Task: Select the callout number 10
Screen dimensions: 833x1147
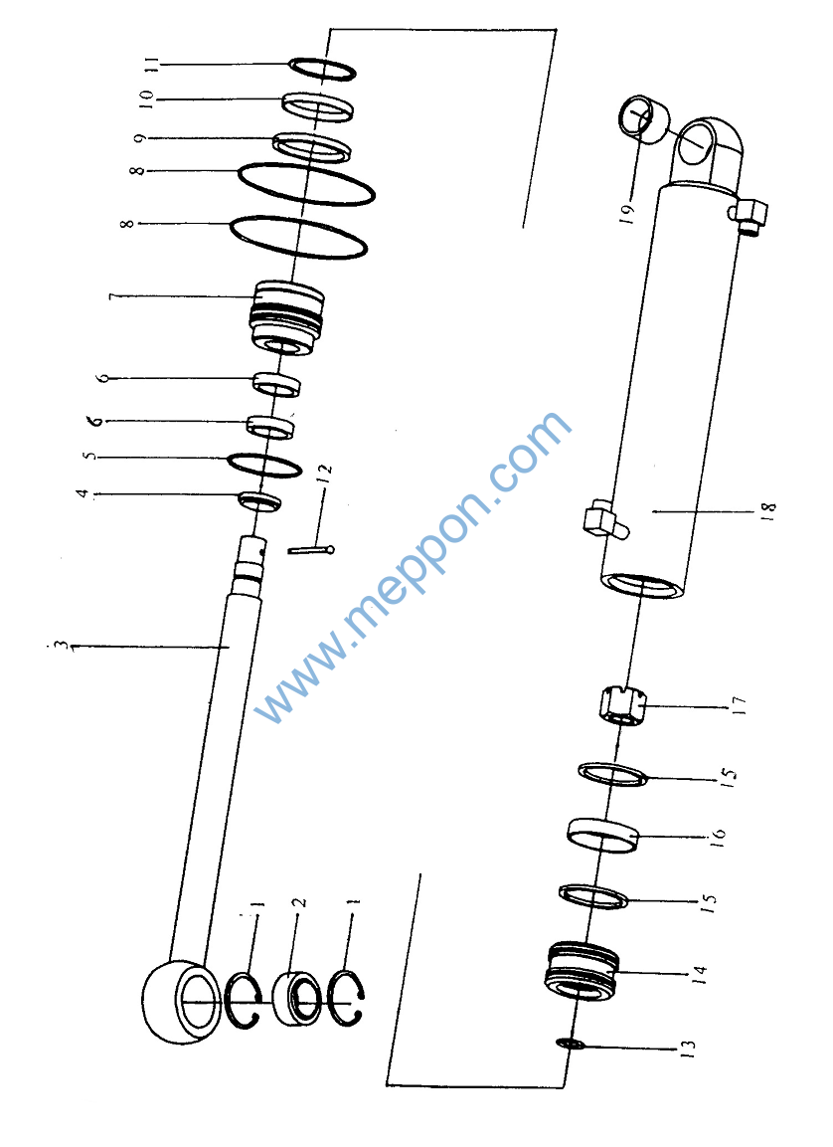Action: pos(147,98)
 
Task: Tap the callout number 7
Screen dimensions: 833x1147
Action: pos(113,296)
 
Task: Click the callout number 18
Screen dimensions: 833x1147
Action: pos(768,510)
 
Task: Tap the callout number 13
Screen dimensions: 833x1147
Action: pos(687,1049)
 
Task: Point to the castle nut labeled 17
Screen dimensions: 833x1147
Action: pos(622,706)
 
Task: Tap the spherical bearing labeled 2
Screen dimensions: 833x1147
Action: pos(296,998)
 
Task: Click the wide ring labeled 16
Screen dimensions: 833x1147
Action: pos(603,836)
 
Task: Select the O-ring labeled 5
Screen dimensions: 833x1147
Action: pos(264,466)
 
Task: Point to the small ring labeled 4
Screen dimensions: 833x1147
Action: pos(259,501)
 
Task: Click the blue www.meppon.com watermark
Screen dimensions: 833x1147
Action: pos(413,567)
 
